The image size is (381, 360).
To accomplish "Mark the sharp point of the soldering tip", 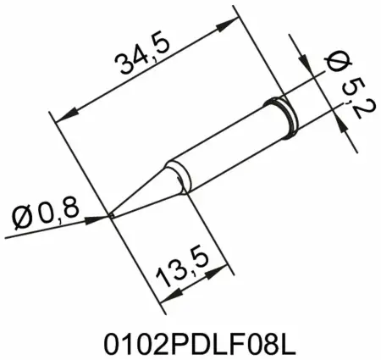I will pyautogui.click(x=113, y=216).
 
